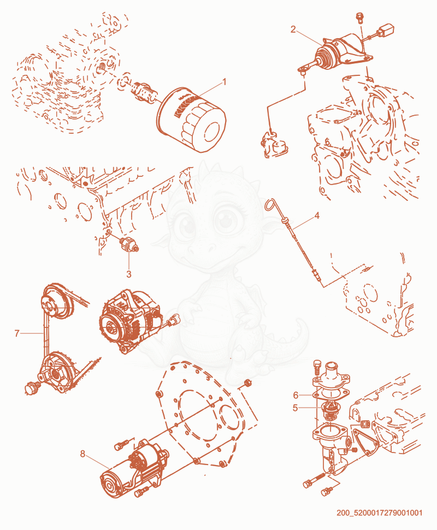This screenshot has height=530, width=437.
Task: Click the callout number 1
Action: [223, 82]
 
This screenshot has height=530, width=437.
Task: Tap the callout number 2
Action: [293, 29]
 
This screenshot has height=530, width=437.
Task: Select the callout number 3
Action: [129, 274]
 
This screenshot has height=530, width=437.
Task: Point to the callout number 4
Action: [317, 215]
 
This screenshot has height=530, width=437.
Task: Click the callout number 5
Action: [296, 408]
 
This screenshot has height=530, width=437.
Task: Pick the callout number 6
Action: [296, 395]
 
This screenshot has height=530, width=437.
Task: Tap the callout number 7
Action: [17, 334]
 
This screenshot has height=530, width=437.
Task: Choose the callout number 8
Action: [82, 454]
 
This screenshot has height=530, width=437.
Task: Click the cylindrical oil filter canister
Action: [191, 119]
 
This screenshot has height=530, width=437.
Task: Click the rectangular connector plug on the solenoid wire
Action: [386, 29]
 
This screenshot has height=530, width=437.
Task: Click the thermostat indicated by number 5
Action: [327, 410]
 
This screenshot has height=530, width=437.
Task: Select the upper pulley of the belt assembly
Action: [57, 302]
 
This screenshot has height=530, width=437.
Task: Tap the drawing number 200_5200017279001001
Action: [379, 513]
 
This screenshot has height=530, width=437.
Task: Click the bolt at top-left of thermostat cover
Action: [317, 367]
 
